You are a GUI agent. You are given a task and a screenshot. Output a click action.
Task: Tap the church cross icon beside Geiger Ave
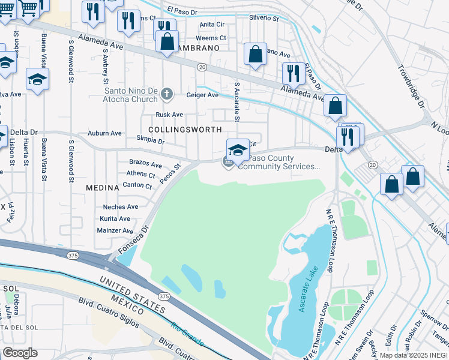coord(167,94)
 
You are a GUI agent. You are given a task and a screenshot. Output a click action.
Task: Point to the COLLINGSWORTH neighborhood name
coord(185,129)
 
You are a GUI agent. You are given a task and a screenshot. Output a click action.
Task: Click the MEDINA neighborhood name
coord(99,187)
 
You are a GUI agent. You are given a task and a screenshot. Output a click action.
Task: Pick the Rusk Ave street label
coord(169,115)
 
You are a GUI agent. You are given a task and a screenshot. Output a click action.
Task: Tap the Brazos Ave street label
coord(145,164)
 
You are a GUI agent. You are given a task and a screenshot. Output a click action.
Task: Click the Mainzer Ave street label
coord(115,230)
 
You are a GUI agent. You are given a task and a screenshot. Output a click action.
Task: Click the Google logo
coord(20,353)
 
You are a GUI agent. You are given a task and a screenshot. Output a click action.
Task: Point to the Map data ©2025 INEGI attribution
coord(414,355)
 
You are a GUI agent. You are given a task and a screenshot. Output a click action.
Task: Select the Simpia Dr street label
coord(151,141)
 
